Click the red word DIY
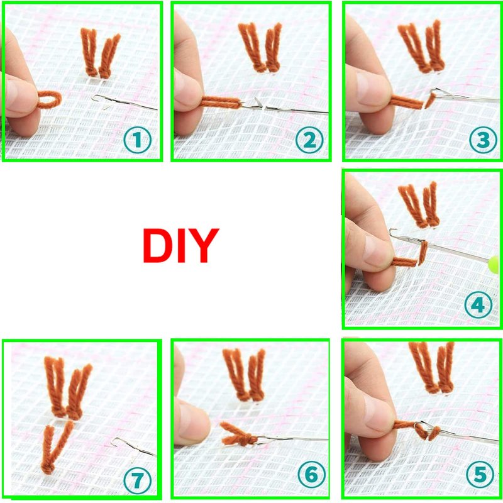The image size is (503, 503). click(x=180, y=245)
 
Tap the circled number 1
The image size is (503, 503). click(x=137, y=140)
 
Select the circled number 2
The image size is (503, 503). click(x=309, y=140)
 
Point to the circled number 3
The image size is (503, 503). click(x=483, y=140)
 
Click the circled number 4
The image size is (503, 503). click(x=478, y=305)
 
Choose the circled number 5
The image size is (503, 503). click(x=480, y=474)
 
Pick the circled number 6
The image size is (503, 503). click(x=311, y=475)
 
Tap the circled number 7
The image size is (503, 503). click(x=137, y=480)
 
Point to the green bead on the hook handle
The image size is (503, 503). click(x=494, y=265)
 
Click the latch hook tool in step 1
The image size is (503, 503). click(x=124, y=102)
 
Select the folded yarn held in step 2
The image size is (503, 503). click(x=221, y=102)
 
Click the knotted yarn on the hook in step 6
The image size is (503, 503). click(x=238, y=434)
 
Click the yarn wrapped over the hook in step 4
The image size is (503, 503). click(x=423, y=253)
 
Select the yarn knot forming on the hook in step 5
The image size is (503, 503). click(x=428, y=431)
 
